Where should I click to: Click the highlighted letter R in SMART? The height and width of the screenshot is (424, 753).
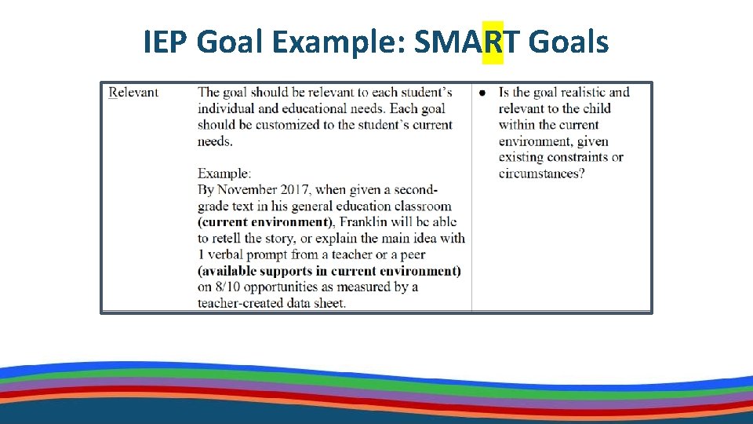click(493, 42)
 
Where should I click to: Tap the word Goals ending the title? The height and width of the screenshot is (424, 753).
click(569, 42)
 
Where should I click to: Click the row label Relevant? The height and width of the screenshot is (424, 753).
click(133, 93)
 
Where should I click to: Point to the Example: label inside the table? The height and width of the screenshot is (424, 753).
click(224, 174)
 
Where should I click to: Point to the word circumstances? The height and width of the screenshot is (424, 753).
click(541, 174)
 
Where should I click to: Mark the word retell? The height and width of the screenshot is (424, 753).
click(231, 239)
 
